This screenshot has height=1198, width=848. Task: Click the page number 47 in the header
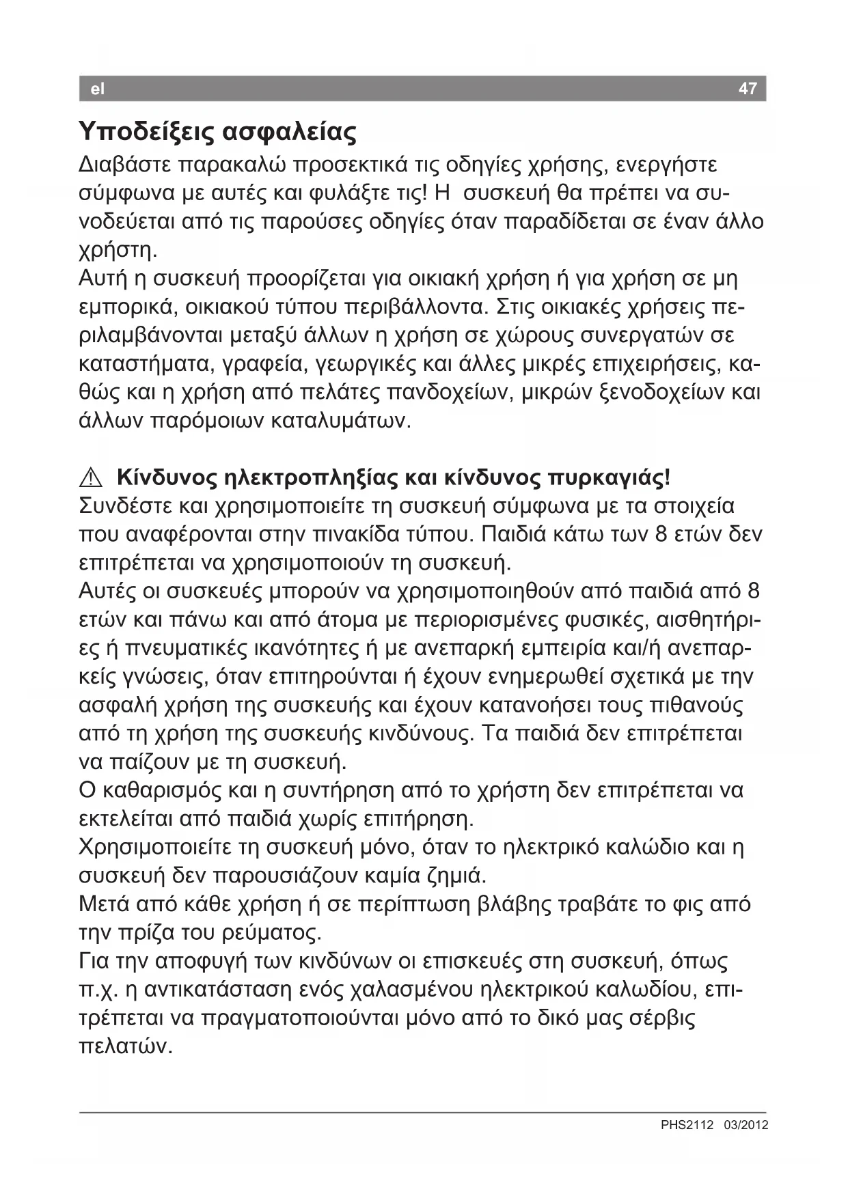coord(748,89)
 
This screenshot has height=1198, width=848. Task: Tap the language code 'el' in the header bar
coord(98,89)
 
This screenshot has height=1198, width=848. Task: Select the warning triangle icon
coord(92,477)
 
